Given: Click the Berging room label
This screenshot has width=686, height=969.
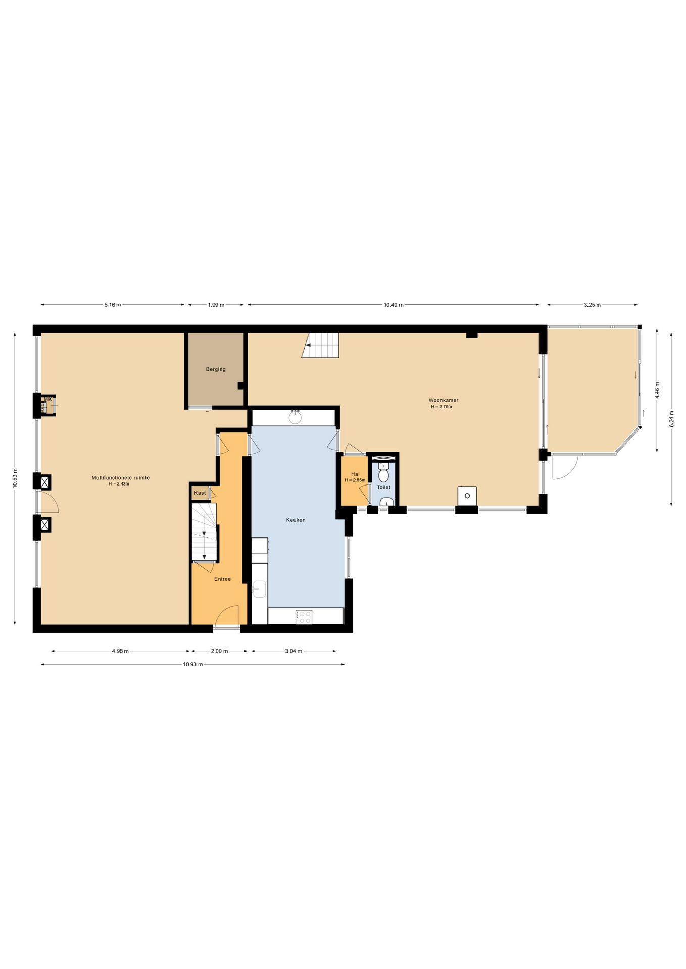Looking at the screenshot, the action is pos(216,369).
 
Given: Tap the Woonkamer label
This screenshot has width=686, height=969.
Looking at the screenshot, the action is pos(444,400).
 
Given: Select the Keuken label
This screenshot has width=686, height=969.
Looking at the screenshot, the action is pos(296,520).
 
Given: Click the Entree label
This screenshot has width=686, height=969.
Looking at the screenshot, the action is pos(222,579).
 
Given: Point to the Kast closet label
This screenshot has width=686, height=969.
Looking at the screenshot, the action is pos(200,493).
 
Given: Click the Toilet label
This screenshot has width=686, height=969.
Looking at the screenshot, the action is pos(383,487).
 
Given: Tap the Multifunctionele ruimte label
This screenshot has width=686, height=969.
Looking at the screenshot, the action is pos(120,477).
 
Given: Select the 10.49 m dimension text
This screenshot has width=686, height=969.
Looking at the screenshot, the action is pos(394,305).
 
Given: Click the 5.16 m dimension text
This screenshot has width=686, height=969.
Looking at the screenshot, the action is pos(113,305).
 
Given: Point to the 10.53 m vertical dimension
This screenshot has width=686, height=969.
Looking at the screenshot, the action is pos(15,477).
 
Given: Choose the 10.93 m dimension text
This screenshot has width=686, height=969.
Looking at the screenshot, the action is pos(193,664).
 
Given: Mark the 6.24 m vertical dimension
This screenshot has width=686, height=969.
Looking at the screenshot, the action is pos(671,419).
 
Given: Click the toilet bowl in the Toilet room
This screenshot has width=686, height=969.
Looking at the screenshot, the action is pos(383,474).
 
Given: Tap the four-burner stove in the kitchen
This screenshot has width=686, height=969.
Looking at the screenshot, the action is pos(304,617).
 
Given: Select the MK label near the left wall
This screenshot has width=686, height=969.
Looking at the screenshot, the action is pos(48,399).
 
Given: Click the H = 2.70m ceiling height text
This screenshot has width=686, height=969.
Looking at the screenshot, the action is pos(442,407).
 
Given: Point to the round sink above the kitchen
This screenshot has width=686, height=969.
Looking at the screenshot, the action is pos(295,417).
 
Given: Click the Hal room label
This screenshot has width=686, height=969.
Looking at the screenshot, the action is pos(355,474).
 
